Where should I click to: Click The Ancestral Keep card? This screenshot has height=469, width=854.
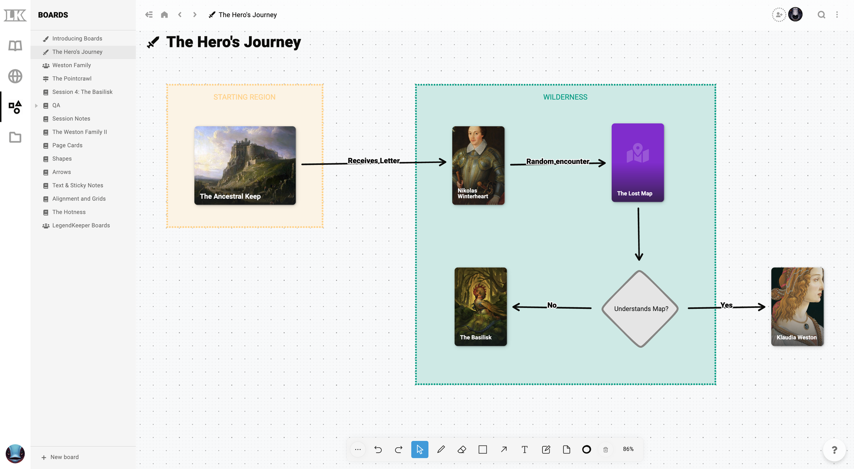(x=245, y=165)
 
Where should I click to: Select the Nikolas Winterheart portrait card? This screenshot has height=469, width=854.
(x=478, y=165)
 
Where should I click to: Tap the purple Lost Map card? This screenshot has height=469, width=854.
(x=638, y=162)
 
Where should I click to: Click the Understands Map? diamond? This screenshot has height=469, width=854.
(x=640, y=308)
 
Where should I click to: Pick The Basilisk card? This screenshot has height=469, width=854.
(x=480, y=306)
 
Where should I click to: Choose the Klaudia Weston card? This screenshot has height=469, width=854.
(x=797, y=306)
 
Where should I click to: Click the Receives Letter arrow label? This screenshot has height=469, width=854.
(x=374, y=161)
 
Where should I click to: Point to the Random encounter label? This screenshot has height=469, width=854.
(x=558, y=161)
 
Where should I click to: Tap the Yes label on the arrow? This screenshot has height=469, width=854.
(x=726, y=305)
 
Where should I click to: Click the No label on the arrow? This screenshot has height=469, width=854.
(x=552, y=305)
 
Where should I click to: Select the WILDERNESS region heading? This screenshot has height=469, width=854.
(x=565, y=97)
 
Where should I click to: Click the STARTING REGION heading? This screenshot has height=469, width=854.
(x=244, y=97)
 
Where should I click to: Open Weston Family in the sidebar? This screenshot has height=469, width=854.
(x=71, y=65)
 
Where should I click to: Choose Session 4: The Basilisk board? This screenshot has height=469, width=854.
(x=82, y=92)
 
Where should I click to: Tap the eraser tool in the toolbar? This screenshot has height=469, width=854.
(x=462, y=449)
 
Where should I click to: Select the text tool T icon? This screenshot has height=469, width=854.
(x=524, y=449)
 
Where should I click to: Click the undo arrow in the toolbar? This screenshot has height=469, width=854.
(x=378, y=449)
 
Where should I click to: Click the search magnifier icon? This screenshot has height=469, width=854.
(x=821, y=15)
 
